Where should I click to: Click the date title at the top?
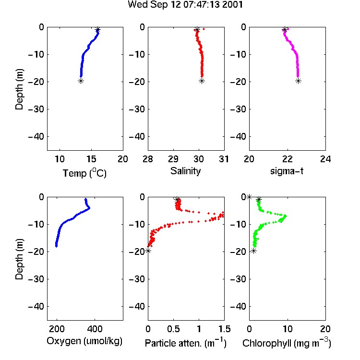click(x=185, y=5)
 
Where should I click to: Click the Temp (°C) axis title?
click(x=84, y=173)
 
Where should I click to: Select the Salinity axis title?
click(x=185, y=171)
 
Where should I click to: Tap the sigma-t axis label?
click(x=287, y=171)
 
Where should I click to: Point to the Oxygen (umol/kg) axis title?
click(x=84, y=341)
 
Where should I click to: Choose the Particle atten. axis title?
click(x=185, y=343)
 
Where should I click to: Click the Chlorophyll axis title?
click(x=287, y=343)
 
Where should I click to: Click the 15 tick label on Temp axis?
click(x=91, y=159)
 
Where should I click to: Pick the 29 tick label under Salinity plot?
click(x=173, y=159)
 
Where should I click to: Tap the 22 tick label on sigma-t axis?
click(x=287, y=159)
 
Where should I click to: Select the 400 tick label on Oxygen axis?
click(x=95, y=329)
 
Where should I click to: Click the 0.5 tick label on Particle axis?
click(x=173, y=329)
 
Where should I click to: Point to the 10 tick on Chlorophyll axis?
click(x=287, y=329)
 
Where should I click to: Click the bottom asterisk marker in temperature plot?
click(x=81, y=81)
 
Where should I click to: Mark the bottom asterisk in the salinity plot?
click(x=202, y=81)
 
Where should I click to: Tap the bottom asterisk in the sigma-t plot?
click(x=298, y=81)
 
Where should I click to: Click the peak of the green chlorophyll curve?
click(x=286, y=216)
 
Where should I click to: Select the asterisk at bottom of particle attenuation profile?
click(x=148, y=251)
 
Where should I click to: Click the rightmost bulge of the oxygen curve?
click(x=89, y=208)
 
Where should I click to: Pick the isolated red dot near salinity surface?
click(x=204, y=29)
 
